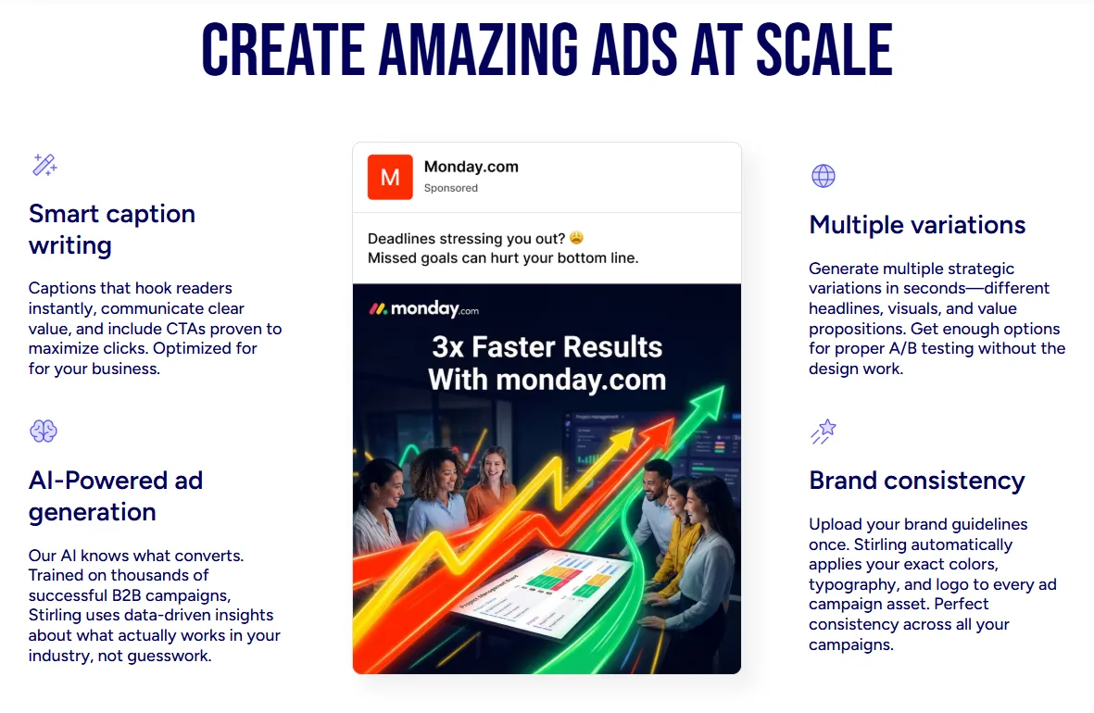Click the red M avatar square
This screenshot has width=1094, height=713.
point(390,177)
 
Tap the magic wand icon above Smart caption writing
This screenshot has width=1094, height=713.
point(44,165)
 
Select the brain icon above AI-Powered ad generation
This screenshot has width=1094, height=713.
point(44,432)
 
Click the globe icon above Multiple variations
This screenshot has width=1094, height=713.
point(824,176)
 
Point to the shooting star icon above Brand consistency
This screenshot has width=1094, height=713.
point(824,432)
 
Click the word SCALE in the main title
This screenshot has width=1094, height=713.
point(824,49)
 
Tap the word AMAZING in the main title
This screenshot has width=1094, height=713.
point(478,49)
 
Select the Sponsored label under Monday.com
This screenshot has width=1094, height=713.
point(451,188)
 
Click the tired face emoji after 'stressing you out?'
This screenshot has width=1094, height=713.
point(576,238)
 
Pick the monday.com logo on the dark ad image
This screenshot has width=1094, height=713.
point(423,308)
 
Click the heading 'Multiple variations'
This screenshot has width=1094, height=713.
point(917,225)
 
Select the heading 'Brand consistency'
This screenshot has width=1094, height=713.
point(917,480)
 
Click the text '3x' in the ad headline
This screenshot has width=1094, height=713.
point(448,346)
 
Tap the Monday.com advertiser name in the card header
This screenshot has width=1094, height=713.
point(471,167)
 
